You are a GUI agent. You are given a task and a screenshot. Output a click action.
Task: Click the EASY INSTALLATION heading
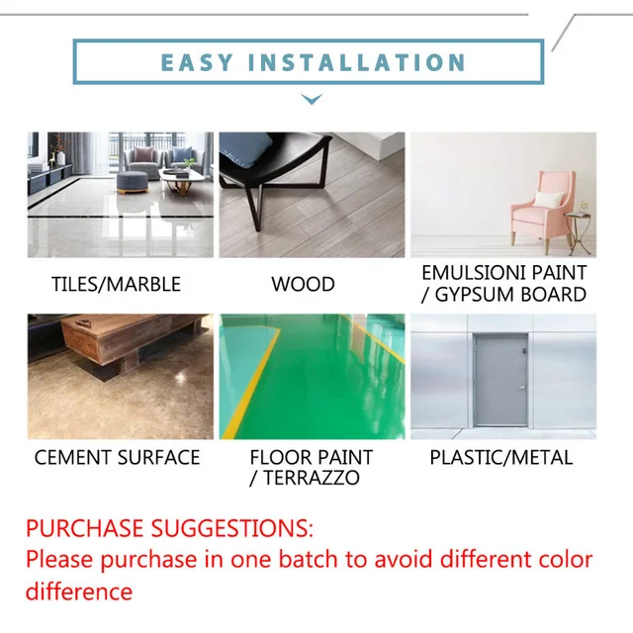(313, 62)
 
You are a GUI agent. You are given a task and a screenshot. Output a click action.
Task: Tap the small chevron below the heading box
(312, 99)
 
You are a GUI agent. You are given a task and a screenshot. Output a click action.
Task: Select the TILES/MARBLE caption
(116, 284)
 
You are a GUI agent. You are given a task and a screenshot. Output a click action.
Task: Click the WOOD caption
(303, 284)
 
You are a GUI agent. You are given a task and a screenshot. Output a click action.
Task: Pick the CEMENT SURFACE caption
(117, 457)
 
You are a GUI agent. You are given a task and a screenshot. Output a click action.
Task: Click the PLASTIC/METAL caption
(500, 457)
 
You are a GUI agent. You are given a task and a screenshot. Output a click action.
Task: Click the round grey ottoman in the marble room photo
(132, 181)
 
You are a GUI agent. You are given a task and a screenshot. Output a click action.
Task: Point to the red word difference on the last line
(78, 591)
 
